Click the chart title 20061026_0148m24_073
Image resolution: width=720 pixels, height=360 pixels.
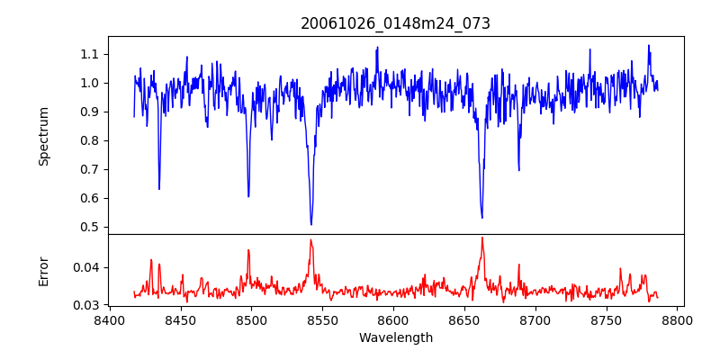395,23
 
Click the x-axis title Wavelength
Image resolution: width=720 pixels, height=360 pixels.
395,338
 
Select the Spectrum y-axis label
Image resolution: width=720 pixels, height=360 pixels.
43,136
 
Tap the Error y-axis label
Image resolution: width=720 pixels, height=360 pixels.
43,270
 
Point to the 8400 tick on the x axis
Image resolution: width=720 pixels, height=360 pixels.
109,319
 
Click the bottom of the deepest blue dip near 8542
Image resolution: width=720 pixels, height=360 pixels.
311,224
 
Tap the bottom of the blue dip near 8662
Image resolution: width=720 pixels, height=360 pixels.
482,217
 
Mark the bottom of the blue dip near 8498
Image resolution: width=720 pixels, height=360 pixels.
248,196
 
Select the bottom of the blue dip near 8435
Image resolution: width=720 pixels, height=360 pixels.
159,189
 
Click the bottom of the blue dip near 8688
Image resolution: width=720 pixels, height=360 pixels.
518,170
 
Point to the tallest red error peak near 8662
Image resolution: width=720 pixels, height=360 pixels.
482,238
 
